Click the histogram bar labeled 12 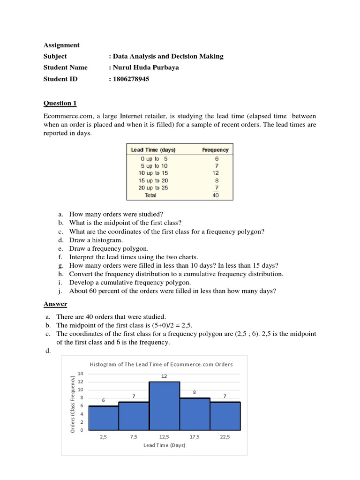coord(165,406)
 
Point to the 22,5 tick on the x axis coord(225,437)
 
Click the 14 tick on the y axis coord(80,374)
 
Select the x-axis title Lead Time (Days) coord(164,445)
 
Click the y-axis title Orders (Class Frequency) coord(73,404)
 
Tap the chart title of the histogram coord(161,364)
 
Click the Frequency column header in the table coord(215,150)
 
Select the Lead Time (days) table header coord(153,150)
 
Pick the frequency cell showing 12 coord(216,173)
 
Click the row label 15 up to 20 coord(153,180)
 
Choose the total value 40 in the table coord(216,195)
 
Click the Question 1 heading coord(60,103)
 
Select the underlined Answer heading coord(55,304)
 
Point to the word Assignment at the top coord(61,45)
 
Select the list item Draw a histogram coord(96,240)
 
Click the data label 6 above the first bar coord(104,400)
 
